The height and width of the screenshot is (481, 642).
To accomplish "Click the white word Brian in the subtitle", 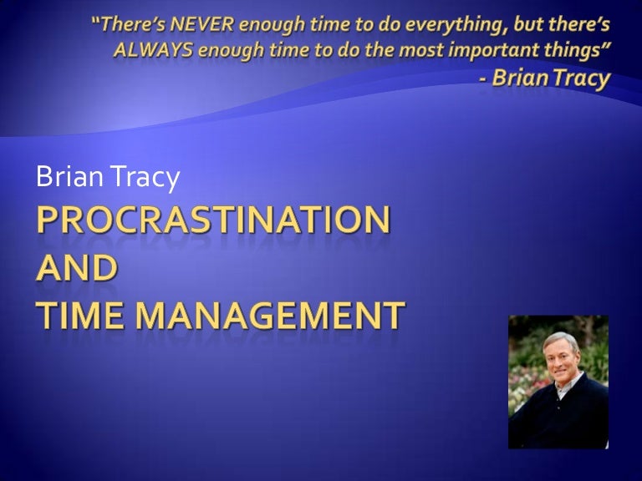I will point(67,176).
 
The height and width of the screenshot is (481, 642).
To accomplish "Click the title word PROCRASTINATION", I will point(212,221).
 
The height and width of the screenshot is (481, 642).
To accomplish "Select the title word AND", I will point(76,268).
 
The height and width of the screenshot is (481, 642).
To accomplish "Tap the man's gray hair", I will point(558,338).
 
